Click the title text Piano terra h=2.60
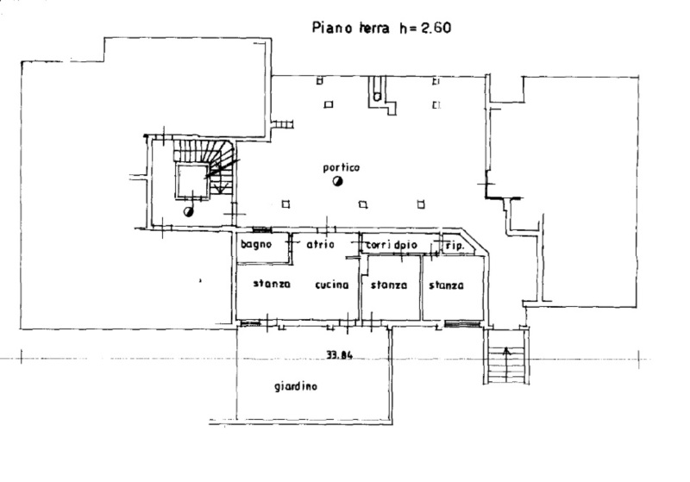point(381,28)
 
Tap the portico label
point(341,167)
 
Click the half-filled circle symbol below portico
point(337,181)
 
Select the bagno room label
point(256,245)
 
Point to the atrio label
point(320,245)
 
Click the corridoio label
point(392,245)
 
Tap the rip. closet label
point(455,247)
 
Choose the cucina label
point(332,285)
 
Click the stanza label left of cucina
point(272,284)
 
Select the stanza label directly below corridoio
point(389,285)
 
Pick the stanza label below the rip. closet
point(446,285)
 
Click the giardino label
point(295,386)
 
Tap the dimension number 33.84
point(339,355)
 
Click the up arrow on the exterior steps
point(506,364)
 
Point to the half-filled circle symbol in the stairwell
point(188,212)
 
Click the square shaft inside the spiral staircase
point(192,181)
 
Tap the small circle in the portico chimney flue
point(377,97)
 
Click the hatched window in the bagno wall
point(262,230)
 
